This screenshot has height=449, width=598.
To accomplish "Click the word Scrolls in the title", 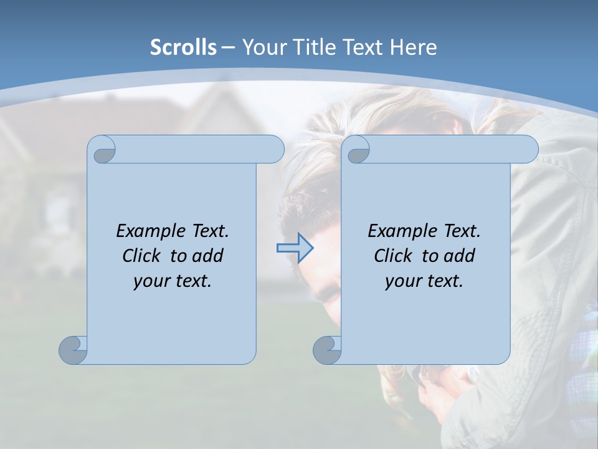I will coord(183,47).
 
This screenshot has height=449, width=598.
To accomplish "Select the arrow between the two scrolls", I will coord(295,248).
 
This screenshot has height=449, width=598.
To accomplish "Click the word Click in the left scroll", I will coord(143,256).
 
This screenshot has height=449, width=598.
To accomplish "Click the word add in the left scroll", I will coord(207,256).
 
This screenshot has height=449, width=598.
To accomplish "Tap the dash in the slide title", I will coord(228,47).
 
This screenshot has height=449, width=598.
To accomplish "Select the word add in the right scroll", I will coord(459,256).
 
